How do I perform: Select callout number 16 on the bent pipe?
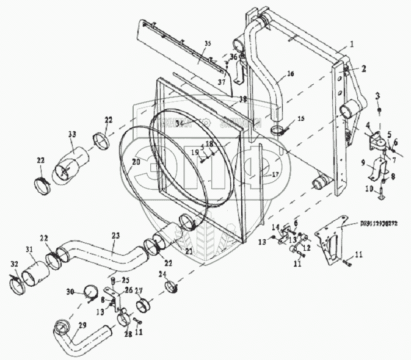(289, 73)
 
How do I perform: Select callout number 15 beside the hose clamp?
(300, 118)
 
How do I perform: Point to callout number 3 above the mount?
(377, 96)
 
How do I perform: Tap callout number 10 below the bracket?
(368, 189)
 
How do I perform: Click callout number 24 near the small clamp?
(162, 274)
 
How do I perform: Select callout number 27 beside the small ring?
(139, 291)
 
